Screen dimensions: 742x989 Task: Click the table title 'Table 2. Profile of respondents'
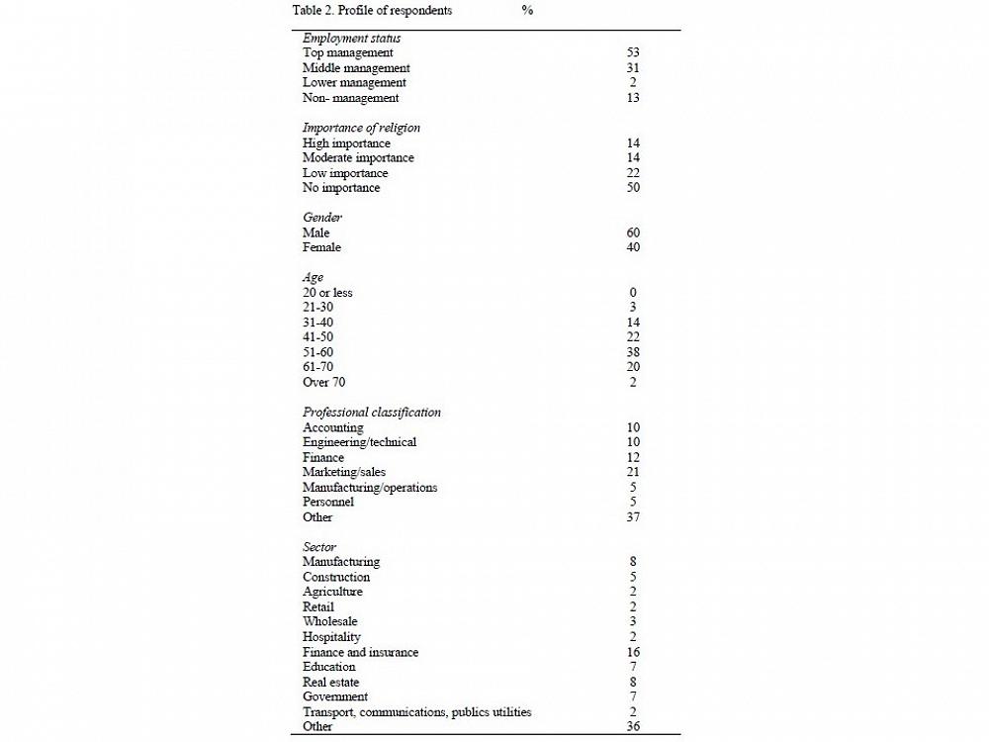point(372,11)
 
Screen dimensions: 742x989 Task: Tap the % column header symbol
point(527,11)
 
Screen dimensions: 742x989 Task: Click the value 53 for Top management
point(633,52)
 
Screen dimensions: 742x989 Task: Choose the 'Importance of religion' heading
point(361,128)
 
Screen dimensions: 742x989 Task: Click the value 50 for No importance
point(633,188)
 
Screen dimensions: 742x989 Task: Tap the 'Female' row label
point(321,247)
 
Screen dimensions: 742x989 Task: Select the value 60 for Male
point(633,232)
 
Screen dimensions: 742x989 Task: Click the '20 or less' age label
point(327,293)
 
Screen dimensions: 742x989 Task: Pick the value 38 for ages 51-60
point(633,352)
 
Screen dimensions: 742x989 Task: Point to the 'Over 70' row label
point(323,382)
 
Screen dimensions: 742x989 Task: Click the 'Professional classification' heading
point(372,412)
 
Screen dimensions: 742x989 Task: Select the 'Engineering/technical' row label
point(359,442)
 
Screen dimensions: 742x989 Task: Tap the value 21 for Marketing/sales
point(633,472)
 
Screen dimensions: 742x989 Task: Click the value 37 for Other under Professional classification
point(633,517)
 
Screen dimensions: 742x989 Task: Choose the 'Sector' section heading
point(319,547)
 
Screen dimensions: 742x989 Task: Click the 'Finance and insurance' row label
point(360,652)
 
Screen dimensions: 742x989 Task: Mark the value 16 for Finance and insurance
point(633,652)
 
